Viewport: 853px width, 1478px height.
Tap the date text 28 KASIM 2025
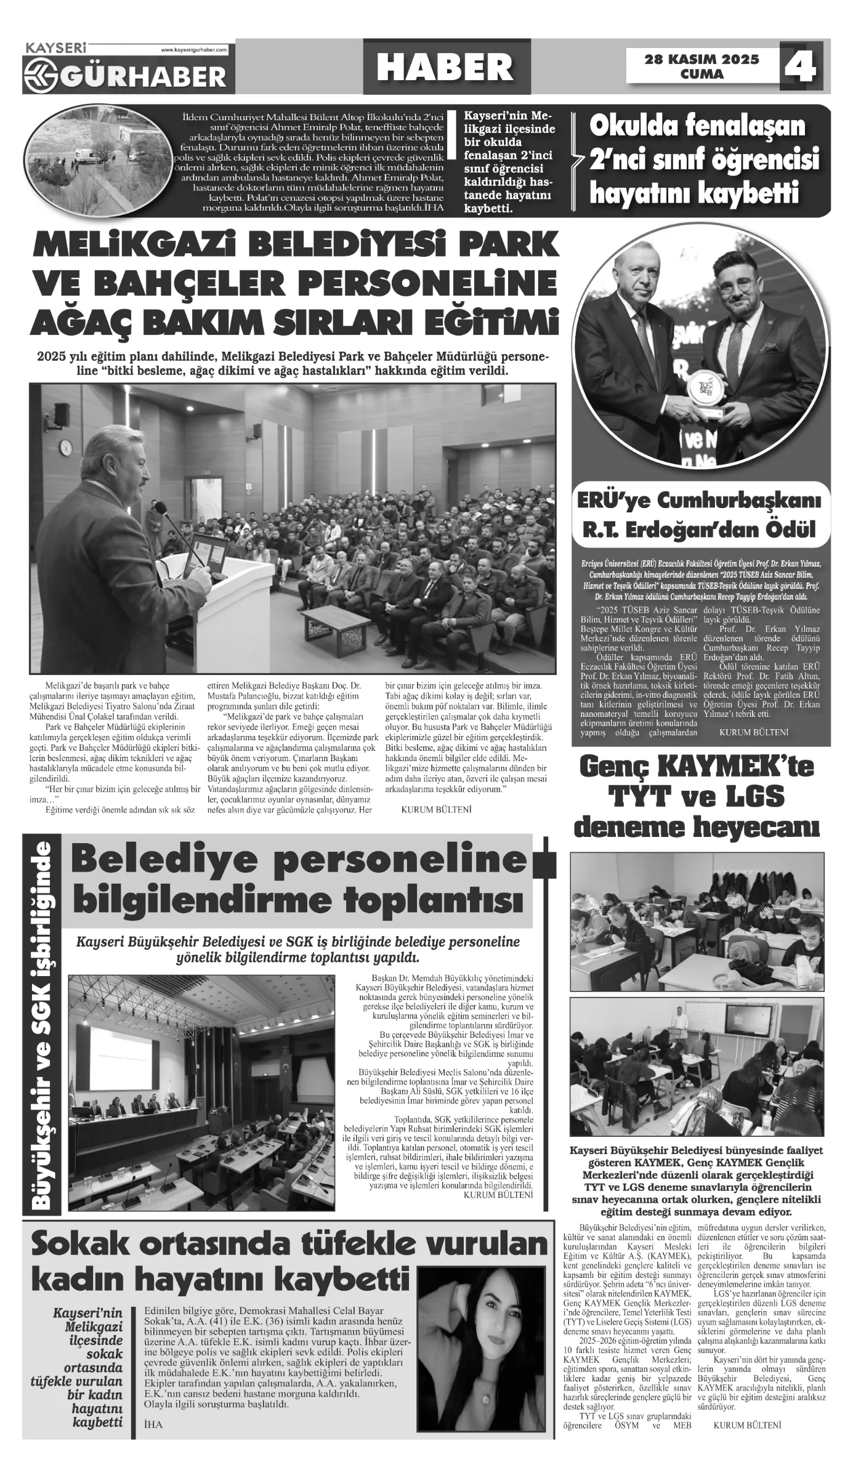701,60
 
